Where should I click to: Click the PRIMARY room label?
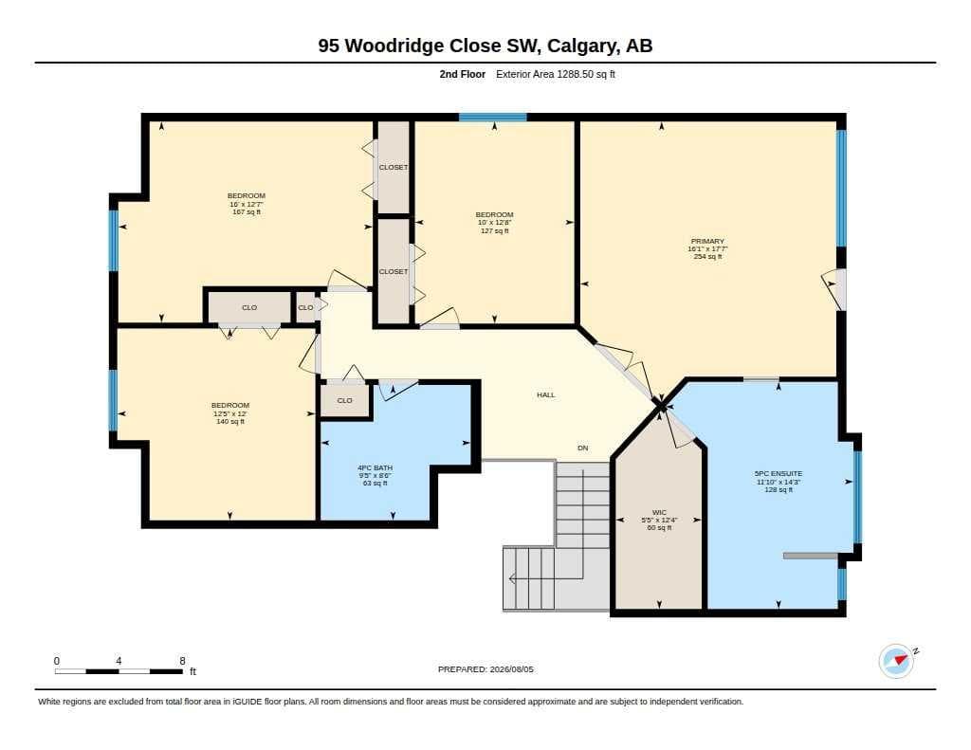707,241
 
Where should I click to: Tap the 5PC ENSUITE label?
778,473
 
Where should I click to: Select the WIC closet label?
660,512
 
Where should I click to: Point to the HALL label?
545,394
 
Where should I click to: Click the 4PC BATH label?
375,467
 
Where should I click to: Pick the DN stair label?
583,448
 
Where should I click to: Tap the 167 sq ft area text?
247,211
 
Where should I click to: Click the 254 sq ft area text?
707,256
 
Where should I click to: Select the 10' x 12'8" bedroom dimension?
494,222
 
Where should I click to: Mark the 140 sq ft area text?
229,421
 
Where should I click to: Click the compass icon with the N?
896,661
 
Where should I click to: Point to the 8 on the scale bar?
182,661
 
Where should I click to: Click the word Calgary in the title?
582,46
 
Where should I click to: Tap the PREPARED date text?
485,669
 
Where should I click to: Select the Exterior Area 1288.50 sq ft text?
556,74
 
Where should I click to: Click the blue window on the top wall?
493,117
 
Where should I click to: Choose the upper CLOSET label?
394,167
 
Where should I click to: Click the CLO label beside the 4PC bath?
344,401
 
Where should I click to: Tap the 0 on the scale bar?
57,661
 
